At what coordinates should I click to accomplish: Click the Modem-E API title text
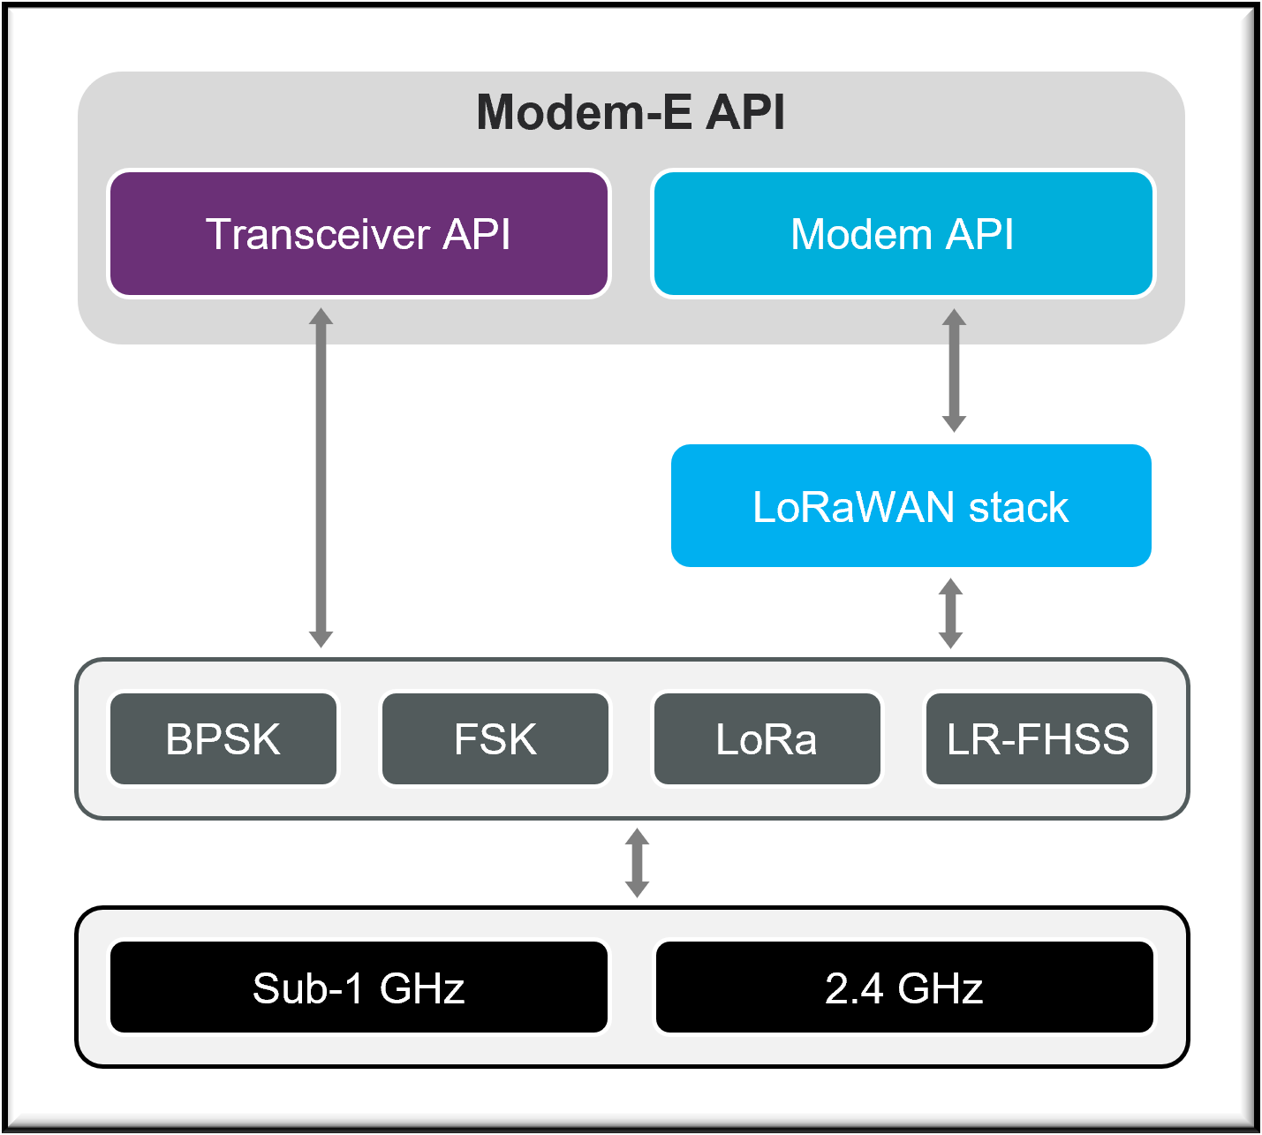(631, 113)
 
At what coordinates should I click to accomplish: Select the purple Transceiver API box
(359, 234)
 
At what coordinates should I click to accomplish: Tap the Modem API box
(903, 234)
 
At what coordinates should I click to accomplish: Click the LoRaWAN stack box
(911, 506)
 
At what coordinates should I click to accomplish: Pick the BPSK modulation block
(223, 739)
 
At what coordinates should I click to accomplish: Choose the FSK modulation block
(495, 739)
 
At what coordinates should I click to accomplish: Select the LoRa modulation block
(767, 739)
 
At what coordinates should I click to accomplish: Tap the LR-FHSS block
(1039, 739)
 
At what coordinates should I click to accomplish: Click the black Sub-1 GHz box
(359, 987)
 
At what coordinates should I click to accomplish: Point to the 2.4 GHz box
(904, 987)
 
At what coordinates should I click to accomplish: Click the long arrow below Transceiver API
(321, 477)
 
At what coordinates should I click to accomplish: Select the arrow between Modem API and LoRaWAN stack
(954, 370)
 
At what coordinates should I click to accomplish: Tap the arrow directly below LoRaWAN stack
(950, 613)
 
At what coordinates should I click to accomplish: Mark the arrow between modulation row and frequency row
(637, 863)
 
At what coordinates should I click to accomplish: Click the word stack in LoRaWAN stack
(1019, 508)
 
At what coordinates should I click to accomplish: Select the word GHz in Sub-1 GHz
(422, 988)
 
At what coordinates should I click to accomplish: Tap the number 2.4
(854, 988)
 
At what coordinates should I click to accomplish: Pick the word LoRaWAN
(854, 508)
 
